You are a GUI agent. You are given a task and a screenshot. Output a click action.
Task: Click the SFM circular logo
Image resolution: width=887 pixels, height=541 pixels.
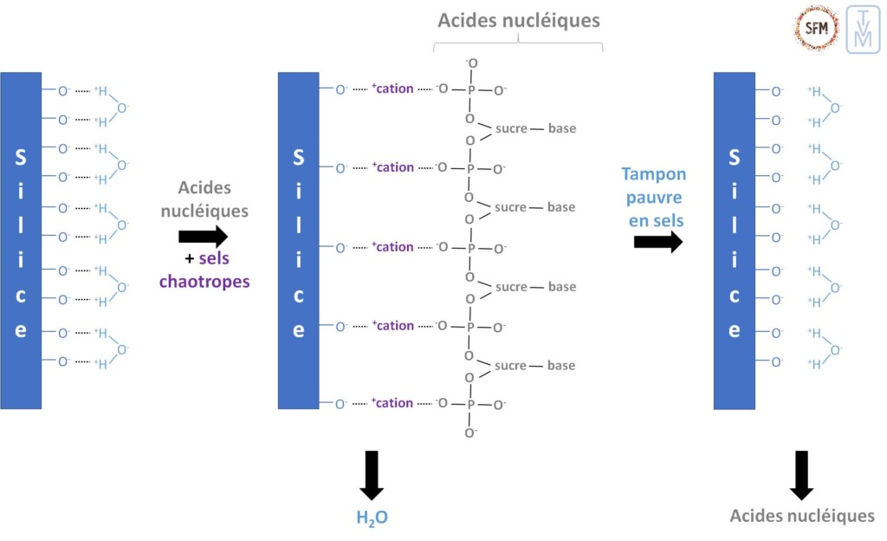815,28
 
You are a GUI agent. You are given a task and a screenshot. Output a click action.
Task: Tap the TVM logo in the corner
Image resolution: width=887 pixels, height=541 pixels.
862,29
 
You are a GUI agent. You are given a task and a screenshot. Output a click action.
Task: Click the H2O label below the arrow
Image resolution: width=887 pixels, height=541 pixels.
372,518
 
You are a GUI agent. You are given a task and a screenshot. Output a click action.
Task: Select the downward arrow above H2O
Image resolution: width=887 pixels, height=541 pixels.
372,474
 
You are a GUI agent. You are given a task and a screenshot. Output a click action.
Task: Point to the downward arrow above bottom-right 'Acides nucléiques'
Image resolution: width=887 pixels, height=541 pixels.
801,474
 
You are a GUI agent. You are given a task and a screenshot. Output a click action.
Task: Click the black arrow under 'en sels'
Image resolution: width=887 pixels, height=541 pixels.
657,242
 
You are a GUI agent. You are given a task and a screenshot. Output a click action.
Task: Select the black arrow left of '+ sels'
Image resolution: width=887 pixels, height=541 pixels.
203,237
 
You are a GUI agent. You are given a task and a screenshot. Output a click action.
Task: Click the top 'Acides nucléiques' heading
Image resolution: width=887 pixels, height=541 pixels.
518,20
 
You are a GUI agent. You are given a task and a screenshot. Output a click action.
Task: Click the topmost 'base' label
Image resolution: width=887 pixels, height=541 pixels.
561,128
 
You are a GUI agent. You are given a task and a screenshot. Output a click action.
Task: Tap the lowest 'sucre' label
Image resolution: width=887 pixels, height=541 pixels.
511,365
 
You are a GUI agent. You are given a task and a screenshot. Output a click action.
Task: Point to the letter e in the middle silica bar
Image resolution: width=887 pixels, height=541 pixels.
298,330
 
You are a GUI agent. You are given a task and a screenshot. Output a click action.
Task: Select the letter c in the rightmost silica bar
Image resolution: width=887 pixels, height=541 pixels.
734,295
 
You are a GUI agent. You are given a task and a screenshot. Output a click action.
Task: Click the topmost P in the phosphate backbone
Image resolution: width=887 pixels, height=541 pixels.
471,89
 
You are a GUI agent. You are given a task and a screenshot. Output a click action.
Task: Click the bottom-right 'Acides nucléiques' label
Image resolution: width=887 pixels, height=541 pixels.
801,516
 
